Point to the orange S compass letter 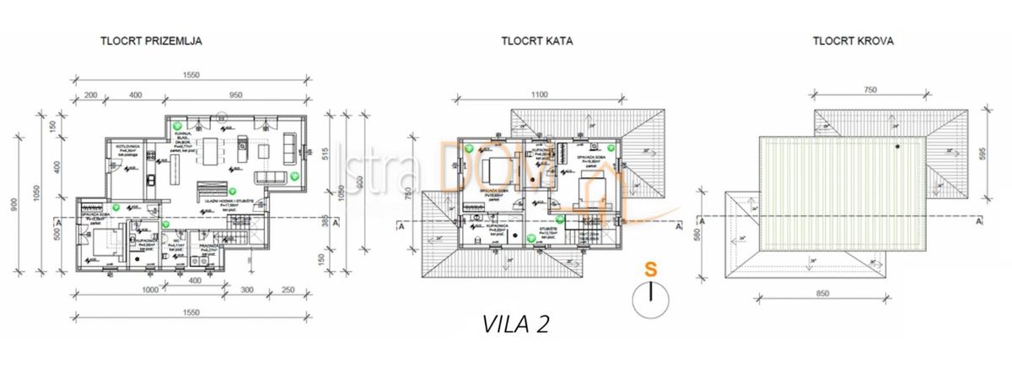click(x=651, y=270)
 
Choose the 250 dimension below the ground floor click(x=287, y=289)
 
